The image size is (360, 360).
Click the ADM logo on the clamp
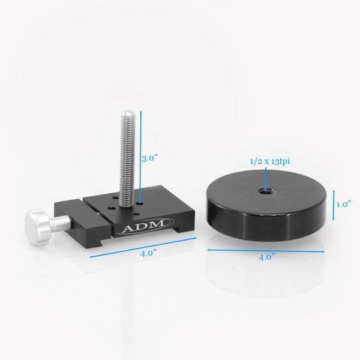point(138,229)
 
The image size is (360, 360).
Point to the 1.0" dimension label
point(343,204)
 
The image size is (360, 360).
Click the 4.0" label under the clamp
point(147,253)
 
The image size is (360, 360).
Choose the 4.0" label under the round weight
point(266,256)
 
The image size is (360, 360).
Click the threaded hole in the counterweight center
point(265,193)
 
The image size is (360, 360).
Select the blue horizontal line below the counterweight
point(266,247)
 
